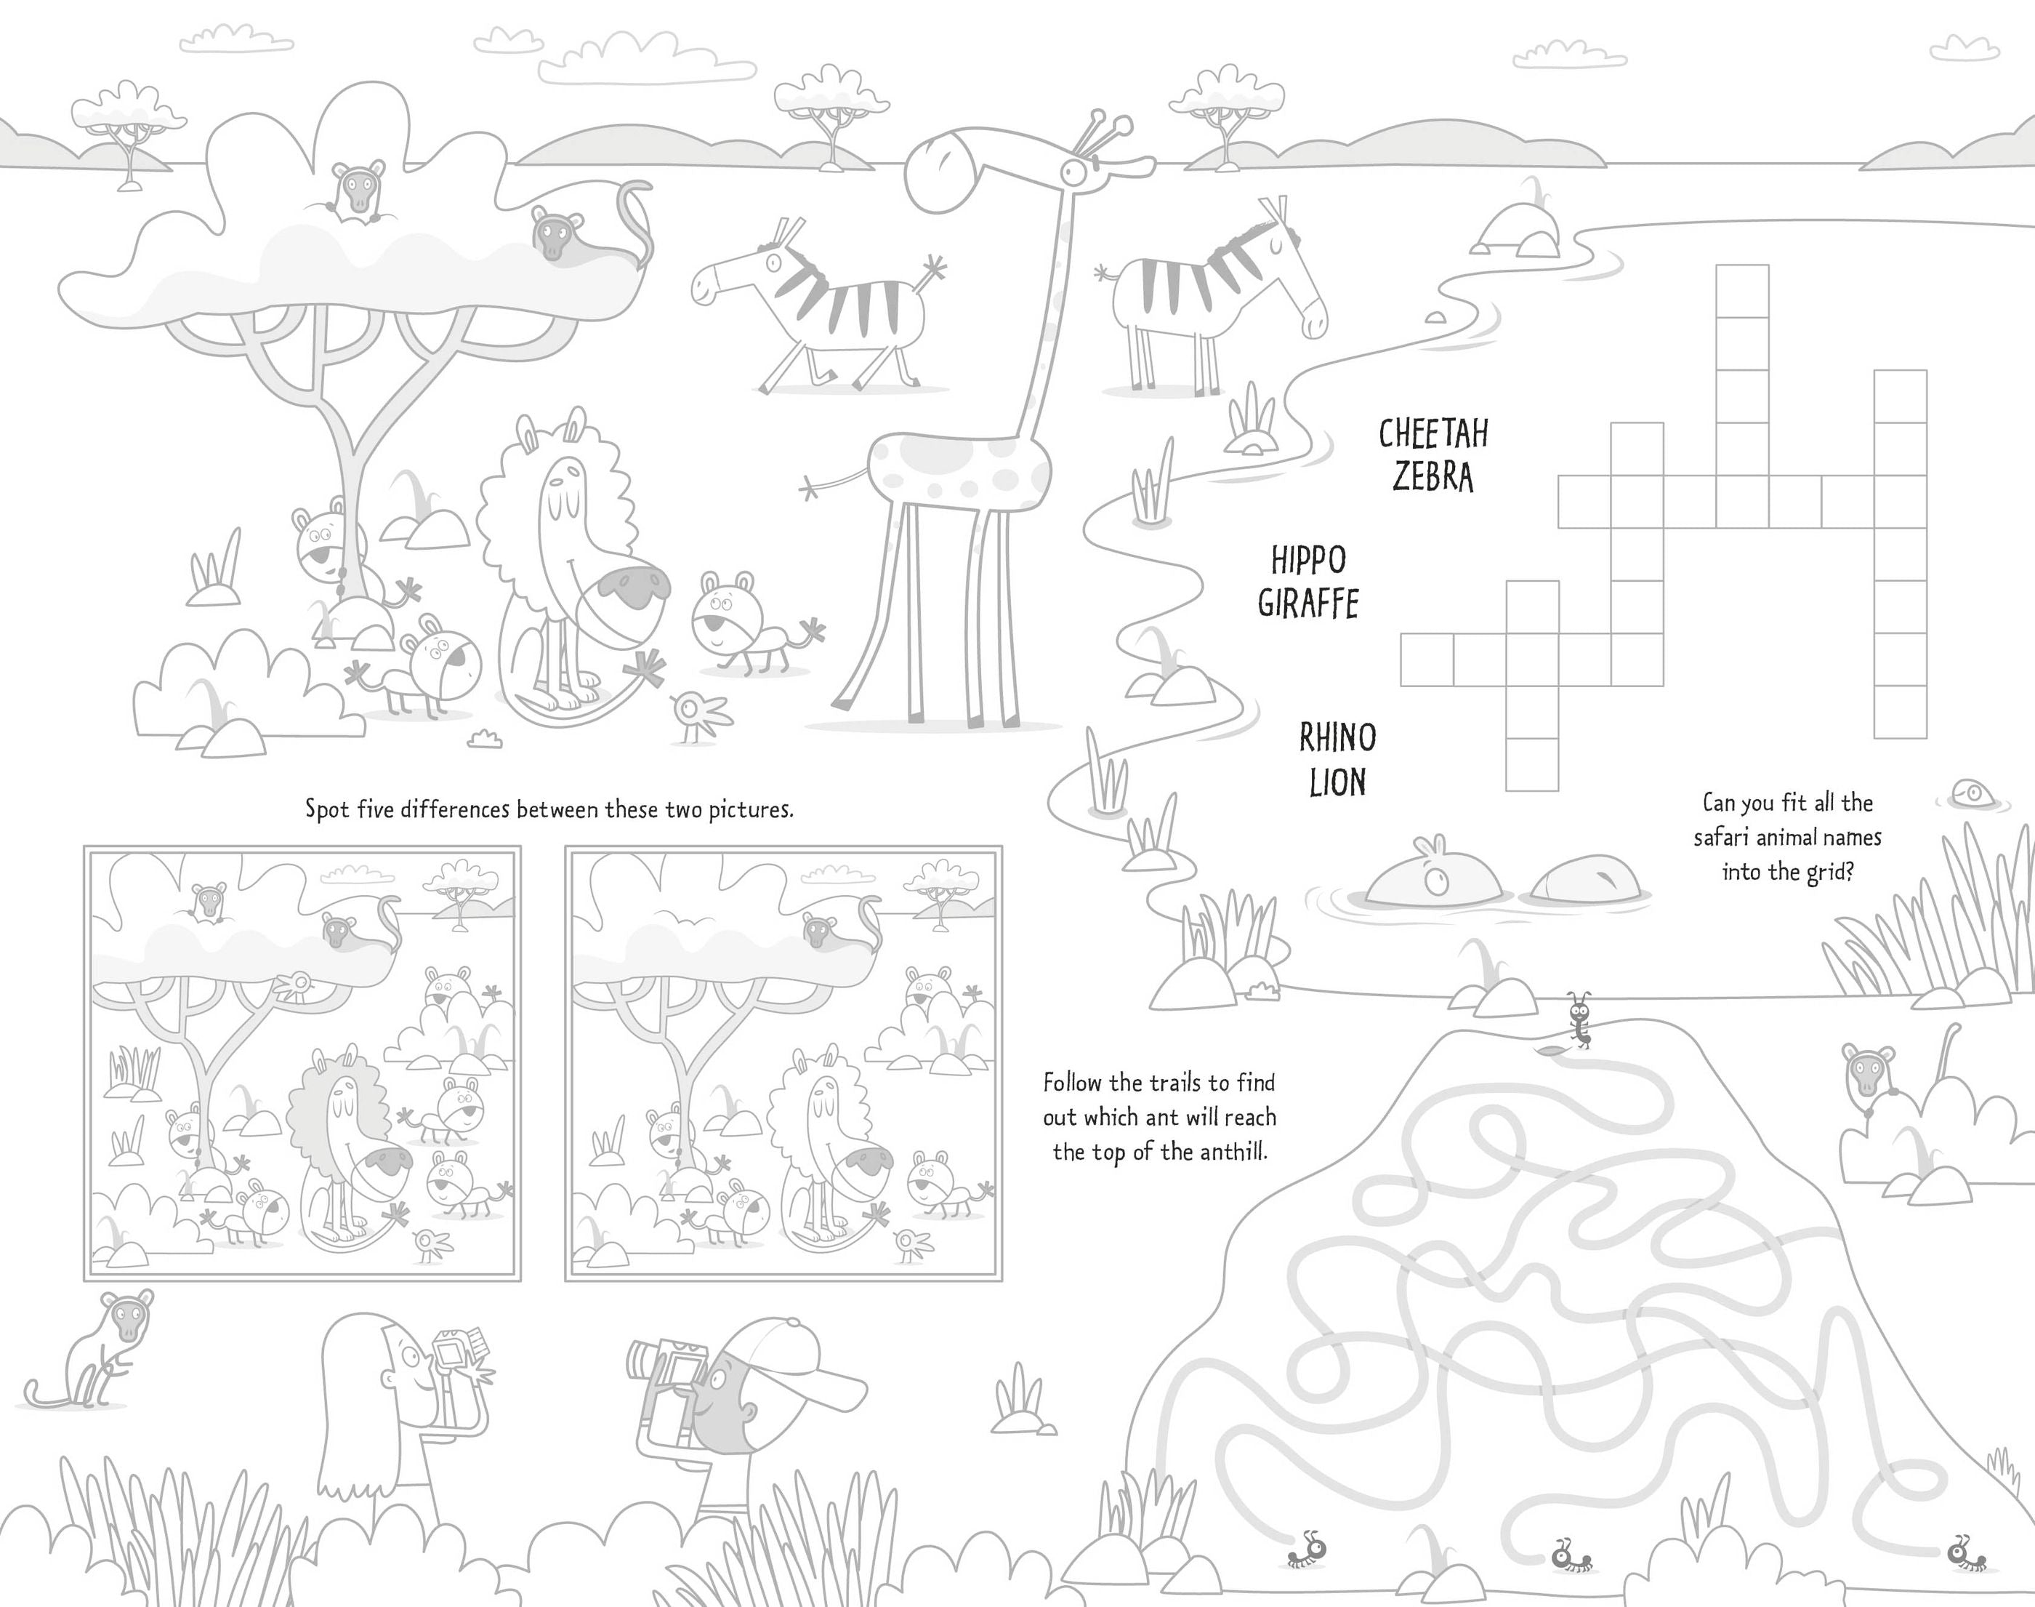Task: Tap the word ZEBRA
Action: point(1433,477)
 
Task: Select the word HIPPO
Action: point(1308,560)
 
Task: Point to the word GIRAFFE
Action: point(1308,603)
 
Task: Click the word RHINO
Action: point(1337,737)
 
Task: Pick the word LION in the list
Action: point(1337,782)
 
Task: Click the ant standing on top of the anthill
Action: point(1579,1018)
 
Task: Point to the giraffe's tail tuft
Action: point(809,487)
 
